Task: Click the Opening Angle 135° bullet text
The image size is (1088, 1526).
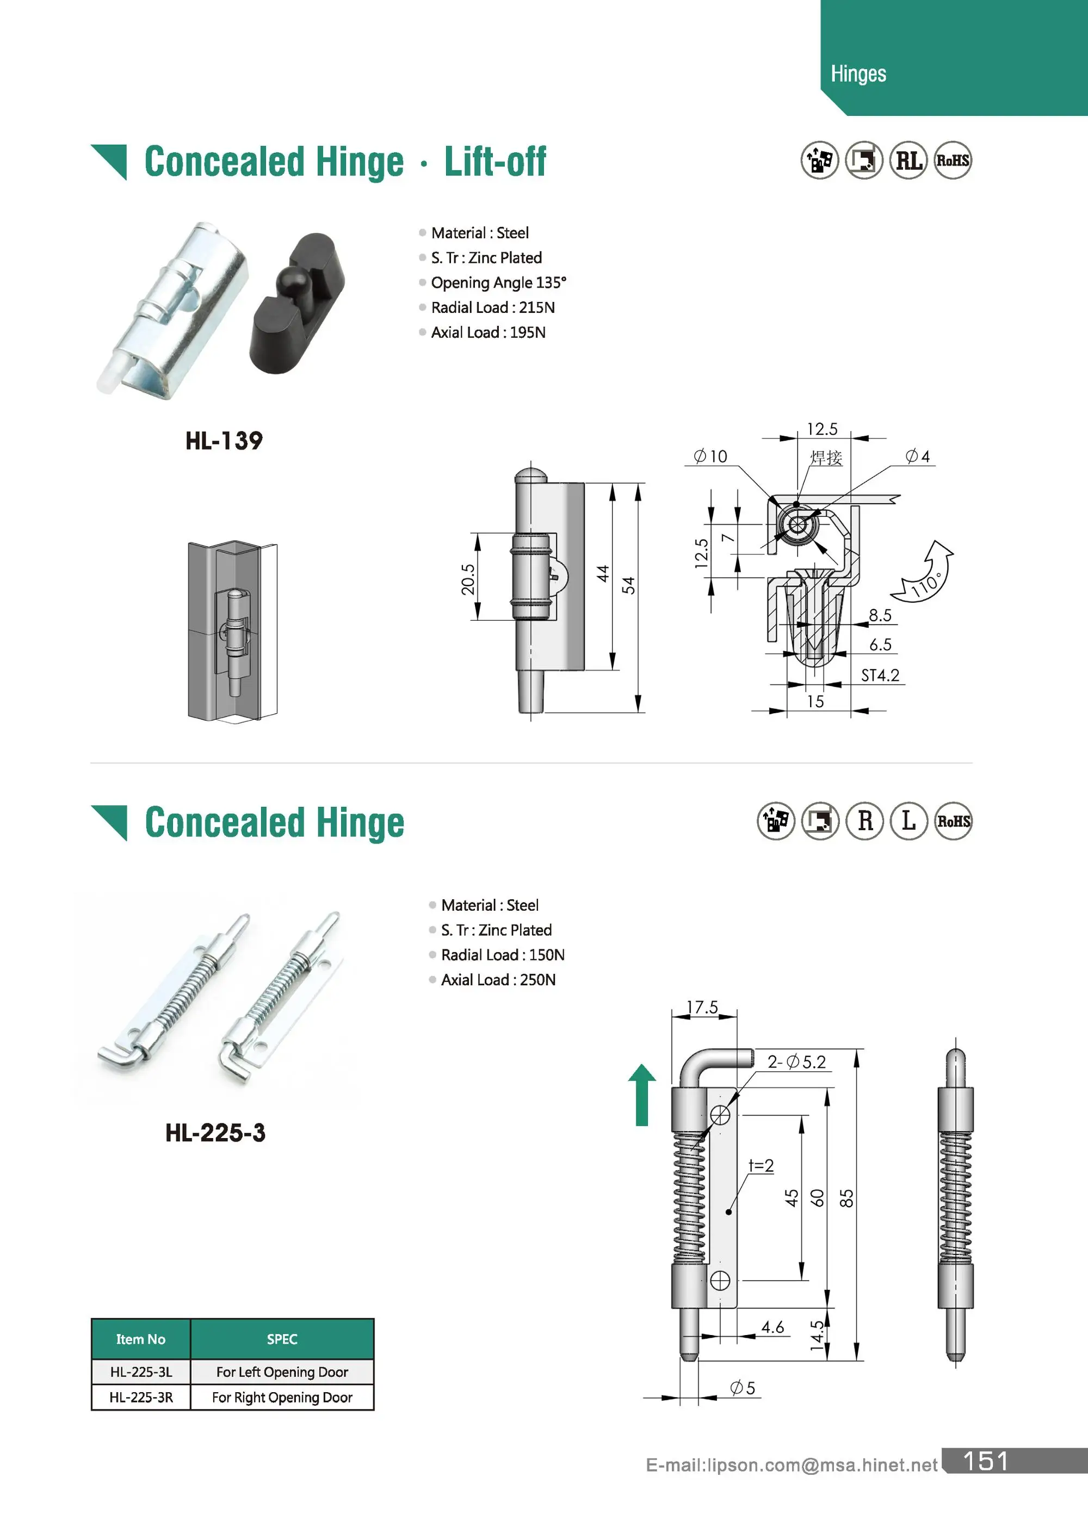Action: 498,283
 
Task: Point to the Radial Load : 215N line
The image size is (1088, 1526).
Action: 492,307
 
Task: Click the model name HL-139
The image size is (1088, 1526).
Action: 224,441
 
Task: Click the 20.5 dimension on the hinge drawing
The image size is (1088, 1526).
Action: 468,579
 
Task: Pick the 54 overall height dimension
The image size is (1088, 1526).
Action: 628,585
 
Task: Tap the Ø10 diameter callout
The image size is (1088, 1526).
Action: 711,457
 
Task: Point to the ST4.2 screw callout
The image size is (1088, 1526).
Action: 880,675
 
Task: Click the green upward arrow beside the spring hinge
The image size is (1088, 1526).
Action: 642,1095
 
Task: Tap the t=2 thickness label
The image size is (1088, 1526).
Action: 761,1166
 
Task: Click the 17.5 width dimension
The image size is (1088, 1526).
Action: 702,1008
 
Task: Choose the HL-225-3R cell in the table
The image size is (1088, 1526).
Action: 141,1398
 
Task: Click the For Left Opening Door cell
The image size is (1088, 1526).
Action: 282,1372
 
